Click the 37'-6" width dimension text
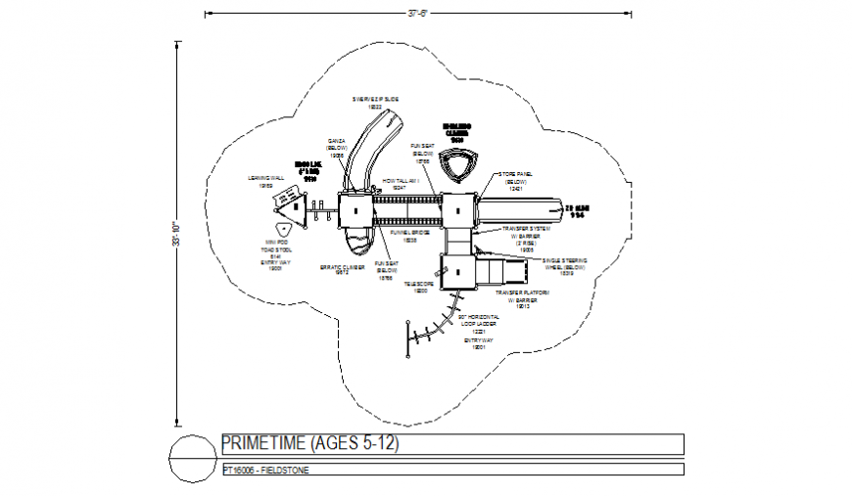point(418,13)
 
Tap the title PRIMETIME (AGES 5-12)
point(310,444)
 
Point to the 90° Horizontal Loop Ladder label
point(479,322)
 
